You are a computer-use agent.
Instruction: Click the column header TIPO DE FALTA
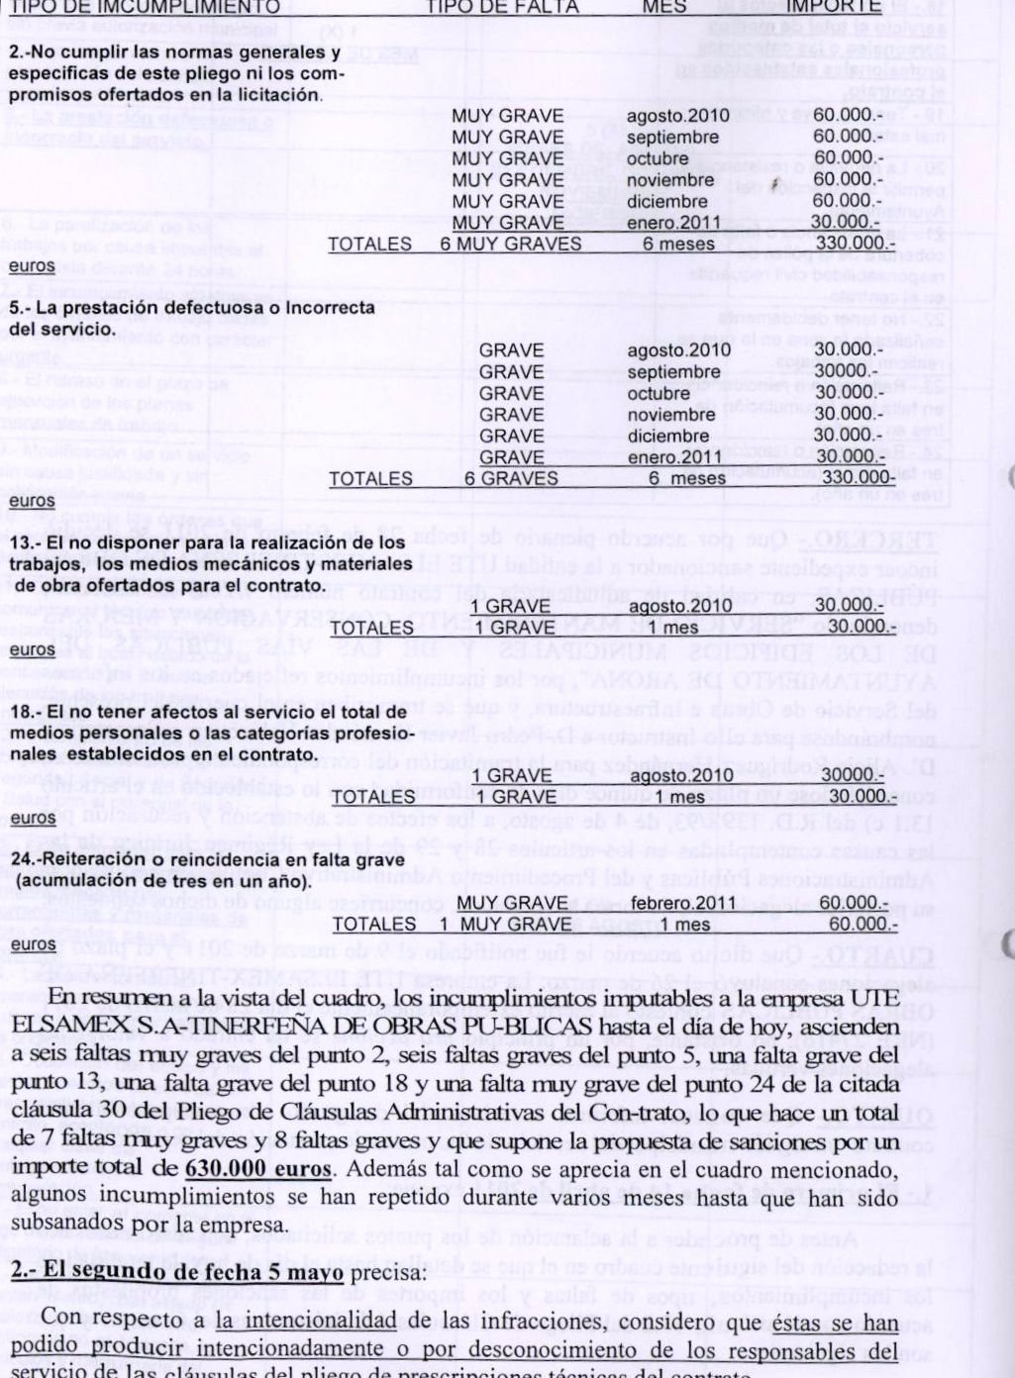coord(502,7)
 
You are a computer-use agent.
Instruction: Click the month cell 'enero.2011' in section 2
coord(673,223)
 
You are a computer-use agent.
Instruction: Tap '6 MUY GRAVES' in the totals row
coord(511,245)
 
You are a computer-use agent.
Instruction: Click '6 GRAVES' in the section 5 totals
coord(511,479)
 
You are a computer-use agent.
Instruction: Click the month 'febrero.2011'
coord(683,903)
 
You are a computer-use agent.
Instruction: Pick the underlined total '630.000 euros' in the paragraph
coord(257,1168)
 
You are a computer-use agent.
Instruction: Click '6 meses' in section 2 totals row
coord(678,245)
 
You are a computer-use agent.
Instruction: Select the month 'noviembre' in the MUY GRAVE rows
coord(670,180)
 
